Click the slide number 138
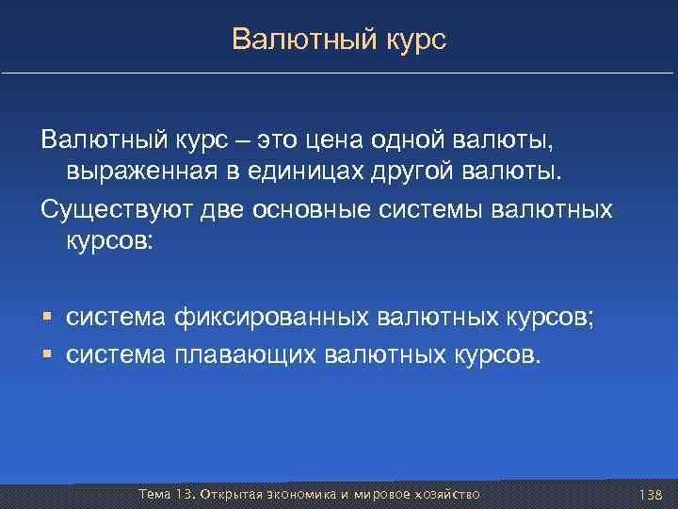click(650, 495)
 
